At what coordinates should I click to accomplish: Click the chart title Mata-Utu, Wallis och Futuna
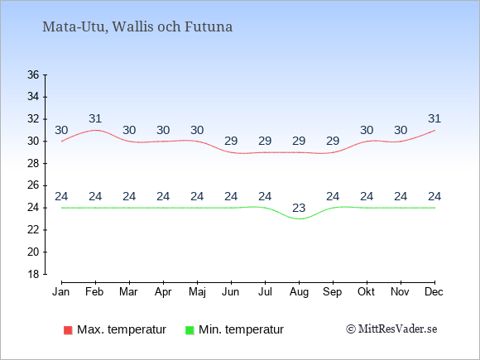[137, 27]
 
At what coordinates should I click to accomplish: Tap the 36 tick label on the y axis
[33, 74]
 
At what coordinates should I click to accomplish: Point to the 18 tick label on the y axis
[33, 274]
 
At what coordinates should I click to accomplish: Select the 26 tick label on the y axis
[33, 185]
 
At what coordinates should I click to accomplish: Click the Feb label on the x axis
[94, 292]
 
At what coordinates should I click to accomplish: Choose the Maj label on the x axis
[197, 292]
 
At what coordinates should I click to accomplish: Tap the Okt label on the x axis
[366, 292]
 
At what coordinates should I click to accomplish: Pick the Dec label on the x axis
[434, 292]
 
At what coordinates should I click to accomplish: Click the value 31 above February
[95, 118]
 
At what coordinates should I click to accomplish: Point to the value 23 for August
[299, 209]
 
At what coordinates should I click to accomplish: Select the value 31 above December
[434, 118]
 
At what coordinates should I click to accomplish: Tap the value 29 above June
[231, 142]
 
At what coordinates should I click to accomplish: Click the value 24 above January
[61, 196]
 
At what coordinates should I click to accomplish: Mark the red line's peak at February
[95, 130]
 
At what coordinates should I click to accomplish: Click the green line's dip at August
[299, 218]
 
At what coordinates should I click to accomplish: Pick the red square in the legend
[68, 330]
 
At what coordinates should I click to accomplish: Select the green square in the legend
[190, 330]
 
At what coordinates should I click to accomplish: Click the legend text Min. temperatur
[241, 329]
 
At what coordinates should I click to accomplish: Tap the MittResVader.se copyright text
[391, 329]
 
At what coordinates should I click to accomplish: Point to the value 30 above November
[401, 131]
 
